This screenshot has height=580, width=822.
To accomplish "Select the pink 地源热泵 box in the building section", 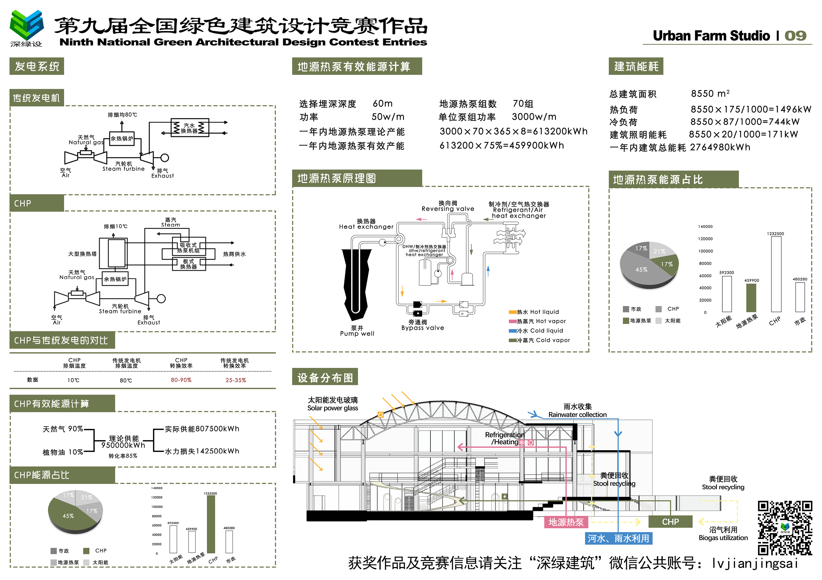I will pyautogui.click(x=566, y=522).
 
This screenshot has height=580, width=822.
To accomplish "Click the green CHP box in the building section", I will pyautogui.click(x=670, y=522).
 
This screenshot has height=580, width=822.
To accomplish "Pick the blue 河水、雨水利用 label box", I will pyautogui.click(x=618, y=538).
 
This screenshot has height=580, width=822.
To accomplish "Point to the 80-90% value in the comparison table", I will pyautogui.click(x=181, y=380).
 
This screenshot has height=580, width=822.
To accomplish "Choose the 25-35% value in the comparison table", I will pyautogui.click(x=236, y=380).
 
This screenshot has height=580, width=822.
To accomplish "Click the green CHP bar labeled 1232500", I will pyautogui.click(x=211, y=524).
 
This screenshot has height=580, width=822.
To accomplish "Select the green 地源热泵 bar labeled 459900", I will pyautogui.click(x=751, y=298).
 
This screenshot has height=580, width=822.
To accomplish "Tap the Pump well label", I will pyautogui.click(x=357, y=334).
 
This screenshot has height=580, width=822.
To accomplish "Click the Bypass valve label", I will pyautogui.click(x=423, y=328).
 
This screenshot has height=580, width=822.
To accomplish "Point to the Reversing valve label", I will pyautogui.click(x=448, y=208).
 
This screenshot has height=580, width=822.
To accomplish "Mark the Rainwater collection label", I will pyautogui.click(x=577, y=415).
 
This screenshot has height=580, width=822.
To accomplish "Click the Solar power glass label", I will pyautogui.click(x=332, y=408).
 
